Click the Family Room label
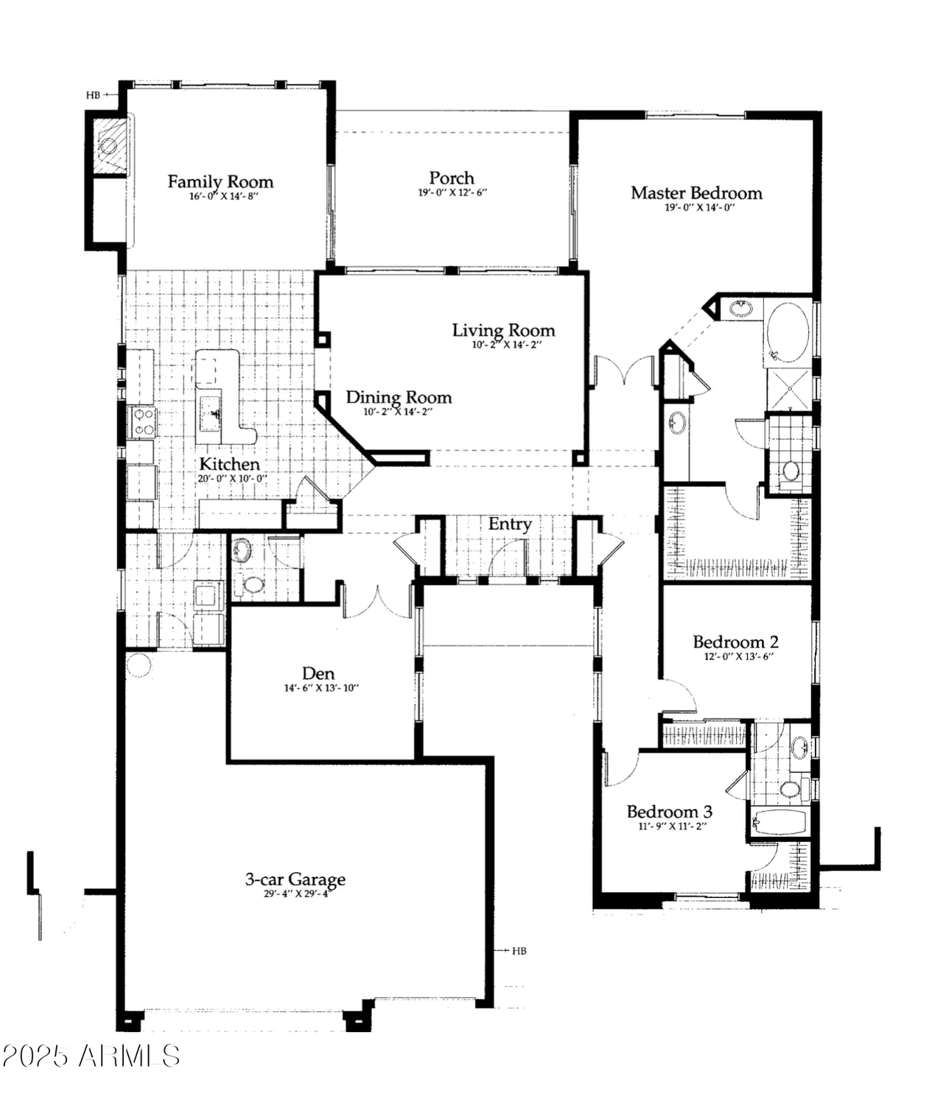click(x=220, y=181)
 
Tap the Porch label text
click(x=452, y=178)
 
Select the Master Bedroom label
click(x=696, y=193)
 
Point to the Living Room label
click(x=503, y=330)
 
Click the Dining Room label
click(x=399, y=397)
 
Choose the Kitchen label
click(x=229, y=464)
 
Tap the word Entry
click(x=510, y=524)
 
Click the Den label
click(x=318, y=673)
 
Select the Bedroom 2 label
click(x=735, y=642)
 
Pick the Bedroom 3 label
click(x=669, y=811)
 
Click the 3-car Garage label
click(x=295, y=879)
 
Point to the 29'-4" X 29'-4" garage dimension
click(x=295, y=894)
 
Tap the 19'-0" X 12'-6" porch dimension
click(x=452, y=192)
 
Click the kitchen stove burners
click(x=142, y=421)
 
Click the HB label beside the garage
click(x=519, y=951)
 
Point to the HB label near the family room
click(x=93, y=95)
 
